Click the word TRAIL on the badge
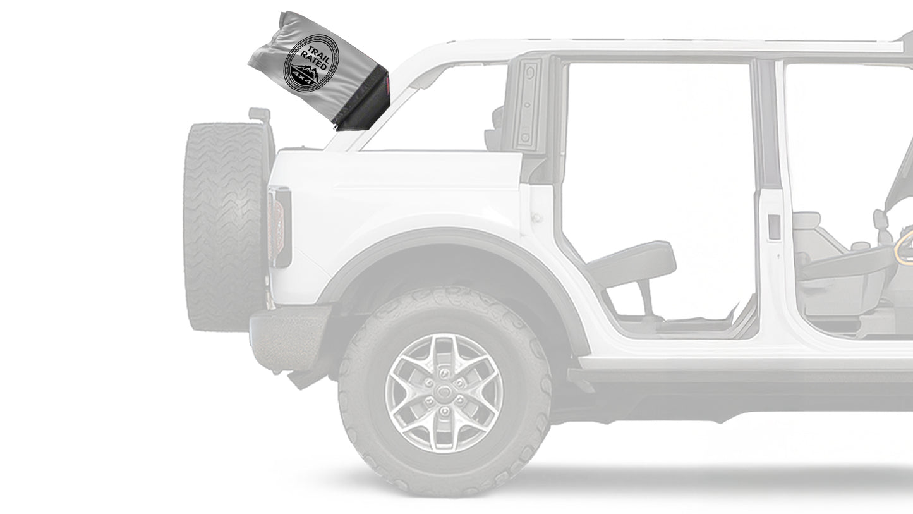(318, 54)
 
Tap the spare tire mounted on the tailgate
(224, 226)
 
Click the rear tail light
(279, 227)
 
